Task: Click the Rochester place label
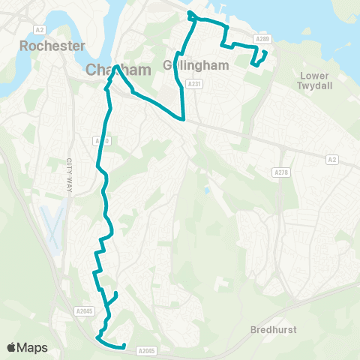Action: click(x=53, y=46)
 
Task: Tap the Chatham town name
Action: click(x=119, y=70)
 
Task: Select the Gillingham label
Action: click(x=184, y=65)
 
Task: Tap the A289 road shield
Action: click(x=261, y=39)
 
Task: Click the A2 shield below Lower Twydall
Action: click(x=332, y=159)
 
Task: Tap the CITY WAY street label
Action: click(x=70, y=175)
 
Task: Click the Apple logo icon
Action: click(x=11, y=347)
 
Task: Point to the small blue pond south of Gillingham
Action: click(x=207, y=190)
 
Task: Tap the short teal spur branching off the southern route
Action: click(x=114, y=297)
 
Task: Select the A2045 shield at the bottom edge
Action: click(x=147, y=349)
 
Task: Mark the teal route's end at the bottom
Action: click(x=124, y=346)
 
